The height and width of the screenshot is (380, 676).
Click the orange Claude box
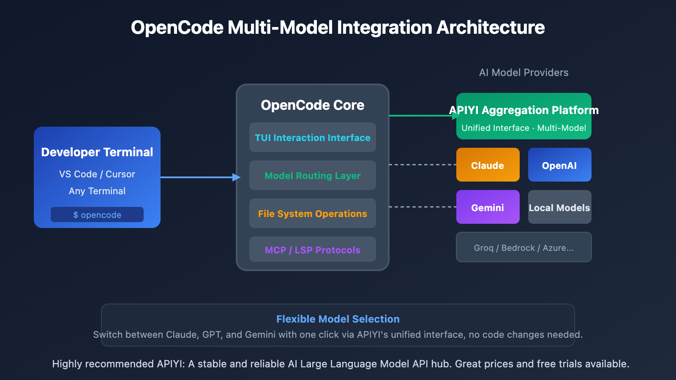(488, 165)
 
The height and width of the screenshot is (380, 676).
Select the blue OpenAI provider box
(559, 165)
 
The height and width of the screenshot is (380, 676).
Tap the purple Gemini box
(488, 207)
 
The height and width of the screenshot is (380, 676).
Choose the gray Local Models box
(559, 207)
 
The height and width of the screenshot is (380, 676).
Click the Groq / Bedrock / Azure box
(523, 247)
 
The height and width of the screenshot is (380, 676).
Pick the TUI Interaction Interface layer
(312, 137)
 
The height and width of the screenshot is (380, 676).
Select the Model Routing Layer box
(312, 175)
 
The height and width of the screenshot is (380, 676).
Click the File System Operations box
(312, 213)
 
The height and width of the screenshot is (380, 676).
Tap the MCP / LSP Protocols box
(312, 250)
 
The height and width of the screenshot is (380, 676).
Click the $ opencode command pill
(97, 214)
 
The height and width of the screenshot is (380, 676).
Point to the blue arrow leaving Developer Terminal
(199, 177)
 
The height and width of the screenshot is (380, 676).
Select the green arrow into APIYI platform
(422, 115)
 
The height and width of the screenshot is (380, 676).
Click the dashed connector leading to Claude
(422, 165)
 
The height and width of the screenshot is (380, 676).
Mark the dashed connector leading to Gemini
(422, 207)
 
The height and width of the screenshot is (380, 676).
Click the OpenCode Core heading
(312, 105)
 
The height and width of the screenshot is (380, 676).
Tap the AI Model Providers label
(523, 73)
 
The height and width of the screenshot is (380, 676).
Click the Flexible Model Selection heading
(338, 319)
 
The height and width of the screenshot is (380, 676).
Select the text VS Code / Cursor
(97, 174)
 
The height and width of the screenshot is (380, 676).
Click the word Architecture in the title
(490, 27)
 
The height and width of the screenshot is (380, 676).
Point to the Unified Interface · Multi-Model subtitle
(523, 128)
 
